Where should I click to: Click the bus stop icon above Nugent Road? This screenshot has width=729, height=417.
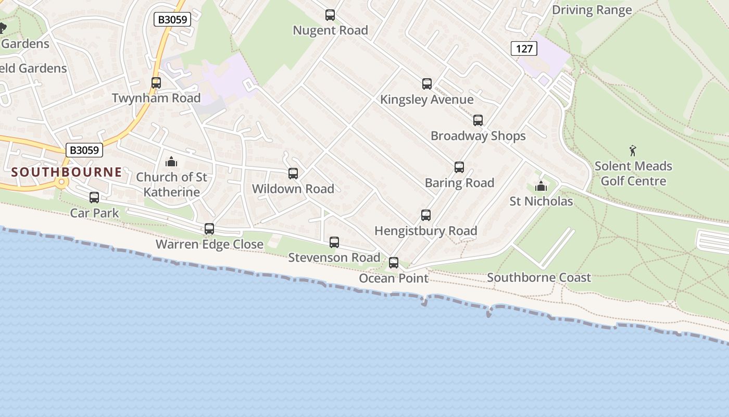pyautogui.click(x=330, y=15)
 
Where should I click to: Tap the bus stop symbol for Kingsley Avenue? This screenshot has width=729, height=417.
pyautogui.click(x=427, y=84)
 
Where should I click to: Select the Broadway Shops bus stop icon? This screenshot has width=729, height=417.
pyautogui.click(x=478, y=120)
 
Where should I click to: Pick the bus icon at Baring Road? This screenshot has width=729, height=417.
pyautogui.click(x=459, y=167)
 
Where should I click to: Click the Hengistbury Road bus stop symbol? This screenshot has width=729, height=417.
pyautogui.click(x=426, y=215)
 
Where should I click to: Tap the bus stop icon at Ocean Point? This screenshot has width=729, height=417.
pyautogui.click(x=394, y=263)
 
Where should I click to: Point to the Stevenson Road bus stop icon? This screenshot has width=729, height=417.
pyautogui.click(x=334, y=242)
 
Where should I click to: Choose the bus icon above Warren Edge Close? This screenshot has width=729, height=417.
pyautogui.click(x=209, y=229)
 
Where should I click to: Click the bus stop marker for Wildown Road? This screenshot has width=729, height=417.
pyautogui.click(x=293, y=174)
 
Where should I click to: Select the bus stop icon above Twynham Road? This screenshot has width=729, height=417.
pyautogui.click(x=156, y=83)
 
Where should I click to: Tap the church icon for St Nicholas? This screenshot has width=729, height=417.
pyautogui.click(x=541, y=186)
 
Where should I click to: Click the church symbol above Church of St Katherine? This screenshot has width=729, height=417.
pyautogui.click(x=171, y=162)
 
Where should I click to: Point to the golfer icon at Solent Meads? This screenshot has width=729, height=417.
pyautogui.click(x=633, y=151)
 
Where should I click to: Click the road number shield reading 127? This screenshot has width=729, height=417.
pyautogui.click(x=524, y=49)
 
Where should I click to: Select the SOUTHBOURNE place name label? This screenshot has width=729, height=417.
pyautogui.click(x=67, y=172)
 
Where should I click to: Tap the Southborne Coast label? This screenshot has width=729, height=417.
pyautogui.click(x=539, y=277)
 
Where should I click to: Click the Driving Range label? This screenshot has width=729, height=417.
pyautogui.click(x=592, y=10)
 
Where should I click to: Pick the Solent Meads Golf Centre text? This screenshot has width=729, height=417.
pyautogui.click(x=633, y=174)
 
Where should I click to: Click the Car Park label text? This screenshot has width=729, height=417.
pyautogui.click(x=94, y=213)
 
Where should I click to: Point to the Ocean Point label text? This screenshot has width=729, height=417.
pyautogui.click(x=394, y=278)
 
